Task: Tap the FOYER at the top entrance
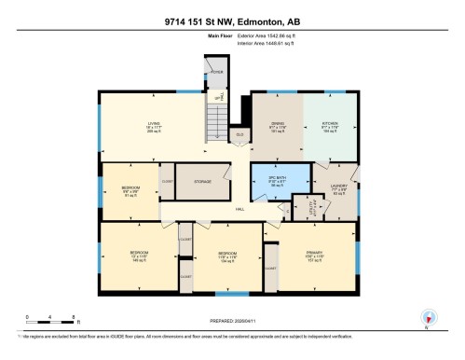[x=216, y=72]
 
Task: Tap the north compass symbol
[x=428, y=317]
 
